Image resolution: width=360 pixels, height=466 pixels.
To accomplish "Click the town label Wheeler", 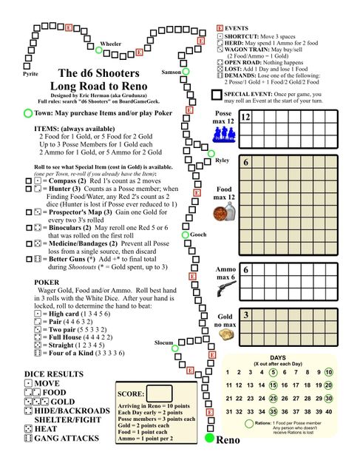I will (110, 44).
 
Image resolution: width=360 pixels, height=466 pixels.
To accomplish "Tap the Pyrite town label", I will (30, 75).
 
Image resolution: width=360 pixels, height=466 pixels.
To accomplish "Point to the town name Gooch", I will (198, 234).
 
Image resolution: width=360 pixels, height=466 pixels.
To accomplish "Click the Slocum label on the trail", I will (164, 343).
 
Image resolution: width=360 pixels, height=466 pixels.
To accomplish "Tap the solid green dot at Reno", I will (209, 439).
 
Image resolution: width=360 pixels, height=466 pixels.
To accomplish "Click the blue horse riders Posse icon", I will (223, 134).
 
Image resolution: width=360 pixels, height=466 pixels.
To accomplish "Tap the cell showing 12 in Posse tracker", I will (246, 118).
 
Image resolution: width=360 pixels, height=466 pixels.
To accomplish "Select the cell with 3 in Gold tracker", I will (246, 316).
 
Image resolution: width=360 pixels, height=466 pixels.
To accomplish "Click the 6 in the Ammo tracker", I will (246, 271).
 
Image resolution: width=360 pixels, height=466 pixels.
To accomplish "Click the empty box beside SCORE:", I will (159, 392).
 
